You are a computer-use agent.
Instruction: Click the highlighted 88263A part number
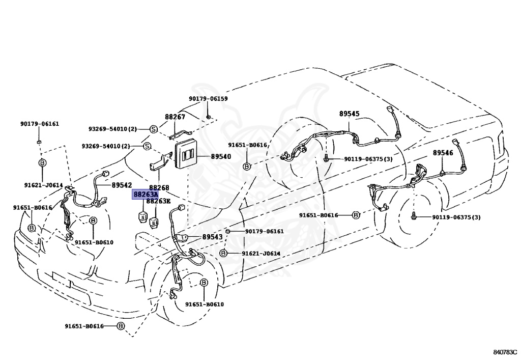click(145, 195)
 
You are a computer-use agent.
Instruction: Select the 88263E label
click(158, 201)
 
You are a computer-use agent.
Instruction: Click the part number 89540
click(221, 156)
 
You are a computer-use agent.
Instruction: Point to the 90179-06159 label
click(208, 99)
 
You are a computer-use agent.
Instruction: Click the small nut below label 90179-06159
click(208, 117)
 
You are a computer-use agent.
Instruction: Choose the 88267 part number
click(175, 117)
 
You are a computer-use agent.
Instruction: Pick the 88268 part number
click(159, 188)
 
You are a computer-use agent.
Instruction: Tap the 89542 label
click(122, 185)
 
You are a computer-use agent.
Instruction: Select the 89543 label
click(212, 237)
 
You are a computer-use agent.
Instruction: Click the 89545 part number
click(349, 114)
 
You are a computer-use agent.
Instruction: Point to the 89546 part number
click(443, 153)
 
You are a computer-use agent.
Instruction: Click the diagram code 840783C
click(505, 352)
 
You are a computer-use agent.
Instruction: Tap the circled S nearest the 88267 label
click(153, 129)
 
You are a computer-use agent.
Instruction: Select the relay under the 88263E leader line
click(154, 221)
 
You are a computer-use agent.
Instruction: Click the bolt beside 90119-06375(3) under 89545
click(326, 159)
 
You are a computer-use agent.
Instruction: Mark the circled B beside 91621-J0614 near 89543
click(223, 253)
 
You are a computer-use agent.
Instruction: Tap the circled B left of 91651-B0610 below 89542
click(94, 220)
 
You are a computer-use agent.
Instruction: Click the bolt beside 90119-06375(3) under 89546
click(414, 217)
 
